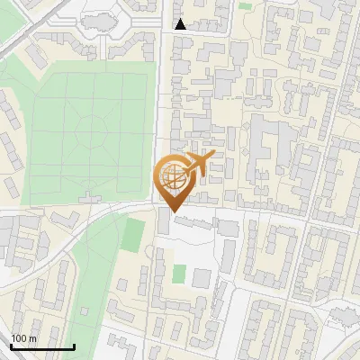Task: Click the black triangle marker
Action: [x=181, y=24]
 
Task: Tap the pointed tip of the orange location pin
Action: [x=172, y=212]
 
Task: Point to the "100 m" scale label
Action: [x=24, y=338]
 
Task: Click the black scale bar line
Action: [x=42, y=346]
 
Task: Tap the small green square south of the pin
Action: [x=179, y=272]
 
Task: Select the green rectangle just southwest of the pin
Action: [x=133, y=234]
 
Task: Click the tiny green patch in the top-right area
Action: [x=246, y=6]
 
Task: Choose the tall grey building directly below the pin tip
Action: [x=163, y=222]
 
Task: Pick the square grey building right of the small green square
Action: [x=202, y=277]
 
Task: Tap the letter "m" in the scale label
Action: [x=32, y=338]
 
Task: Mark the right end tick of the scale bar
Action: [x=74, y=345]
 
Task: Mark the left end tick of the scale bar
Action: [x=11, y=345]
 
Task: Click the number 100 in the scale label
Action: [x=19, y=338]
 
